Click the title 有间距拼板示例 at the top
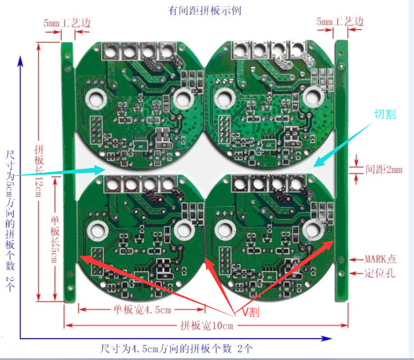[205, 11]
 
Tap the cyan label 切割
[385, 114]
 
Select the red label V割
[251, 312]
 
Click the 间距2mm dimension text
[384, 169]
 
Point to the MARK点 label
[381, 259]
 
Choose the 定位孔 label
[380, 273]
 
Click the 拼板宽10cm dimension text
[207, 326]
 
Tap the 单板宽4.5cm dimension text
[142, 309]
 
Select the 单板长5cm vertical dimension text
[55, 240]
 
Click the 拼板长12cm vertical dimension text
[39, 171]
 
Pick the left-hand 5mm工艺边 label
[67, 23]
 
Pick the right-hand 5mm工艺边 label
[340, 22]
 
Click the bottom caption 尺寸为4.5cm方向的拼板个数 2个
[176, 349]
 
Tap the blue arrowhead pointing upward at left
[20, 61]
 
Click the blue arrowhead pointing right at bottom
[326, 338]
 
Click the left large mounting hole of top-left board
[96, 99]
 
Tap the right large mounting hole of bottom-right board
[313, 229]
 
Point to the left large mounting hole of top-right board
[225, 99]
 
